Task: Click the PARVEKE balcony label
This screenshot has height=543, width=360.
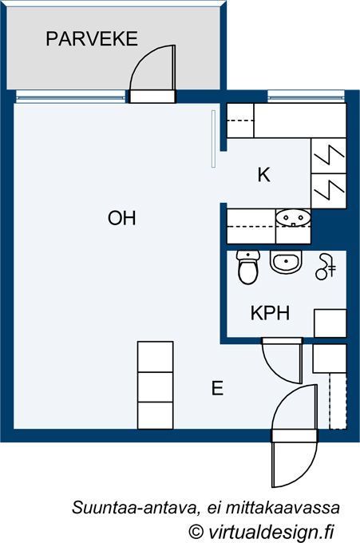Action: click(92, 39)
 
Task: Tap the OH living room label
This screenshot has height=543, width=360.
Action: click(122, 218)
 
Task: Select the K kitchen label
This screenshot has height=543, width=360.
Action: click(263, 175)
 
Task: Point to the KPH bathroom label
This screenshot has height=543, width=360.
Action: click(270, 313)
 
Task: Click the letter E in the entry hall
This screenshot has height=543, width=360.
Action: click(217, 388)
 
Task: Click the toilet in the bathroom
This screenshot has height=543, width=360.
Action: click(247, 268)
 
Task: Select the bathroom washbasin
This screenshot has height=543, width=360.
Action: click(286, 262)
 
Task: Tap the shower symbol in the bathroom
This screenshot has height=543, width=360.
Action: click(326, 267)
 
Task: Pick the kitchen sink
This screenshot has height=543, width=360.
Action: click(293, 218)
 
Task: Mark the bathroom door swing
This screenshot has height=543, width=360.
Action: click(277, 368)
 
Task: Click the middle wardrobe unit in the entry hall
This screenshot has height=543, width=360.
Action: click(156, 387)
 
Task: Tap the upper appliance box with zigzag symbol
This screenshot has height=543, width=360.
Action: click(329, 156)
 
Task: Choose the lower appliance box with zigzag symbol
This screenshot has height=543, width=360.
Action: click(329, 191)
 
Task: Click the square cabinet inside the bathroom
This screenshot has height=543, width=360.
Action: click(330, 323)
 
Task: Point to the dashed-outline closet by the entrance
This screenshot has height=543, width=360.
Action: click(338, 401)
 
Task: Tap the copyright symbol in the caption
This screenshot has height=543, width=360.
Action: click(196, 531)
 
